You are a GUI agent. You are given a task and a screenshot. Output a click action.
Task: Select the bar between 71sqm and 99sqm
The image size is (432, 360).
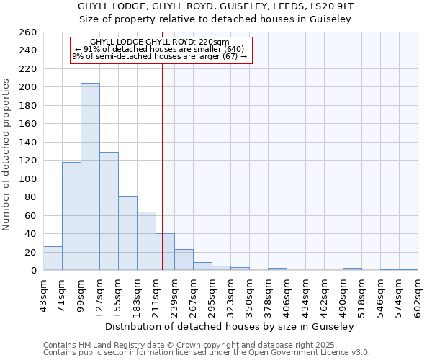(x=71, y=216)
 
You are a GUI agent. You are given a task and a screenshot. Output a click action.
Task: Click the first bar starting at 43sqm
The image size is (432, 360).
(x=53, y=258)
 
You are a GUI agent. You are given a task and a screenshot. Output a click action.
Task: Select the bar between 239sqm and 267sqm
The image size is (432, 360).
(x=184, y=260)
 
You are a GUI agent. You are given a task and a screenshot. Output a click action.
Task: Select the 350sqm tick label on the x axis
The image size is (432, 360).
(x=249, y=296)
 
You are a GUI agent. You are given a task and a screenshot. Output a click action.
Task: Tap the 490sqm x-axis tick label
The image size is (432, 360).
(x=343, y=296)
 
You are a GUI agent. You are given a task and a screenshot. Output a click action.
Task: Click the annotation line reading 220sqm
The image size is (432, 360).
(x=160, y=42)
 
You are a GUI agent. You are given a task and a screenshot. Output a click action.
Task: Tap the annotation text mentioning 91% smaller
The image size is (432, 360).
(x=160, y=49)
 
